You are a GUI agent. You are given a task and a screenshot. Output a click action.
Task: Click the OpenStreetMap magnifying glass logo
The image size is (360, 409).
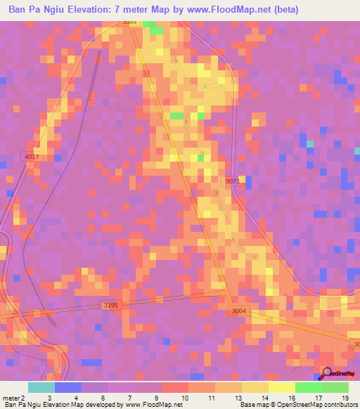click(x=327, y=372)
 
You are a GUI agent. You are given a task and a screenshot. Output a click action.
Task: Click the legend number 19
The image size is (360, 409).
click(x=344, y=398)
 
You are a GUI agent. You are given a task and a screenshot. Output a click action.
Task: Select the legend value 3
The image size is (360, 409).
click(x=49, y=398)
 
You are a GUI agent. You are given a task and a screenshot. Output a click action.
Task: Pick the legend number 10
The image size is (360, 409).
click(x=184, y=398)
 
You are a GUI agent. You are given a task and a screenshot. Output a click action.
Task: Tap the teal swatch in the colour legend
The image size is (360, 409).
click(x=41, y=387)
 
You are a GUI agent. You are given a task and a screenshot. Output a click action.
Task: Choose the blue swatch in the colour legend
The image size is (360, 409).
click(x=68, y=387)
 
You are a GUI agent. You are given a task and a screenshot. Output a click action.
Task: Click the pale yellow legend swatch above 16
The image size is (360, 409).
click(x=281, y=387)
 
